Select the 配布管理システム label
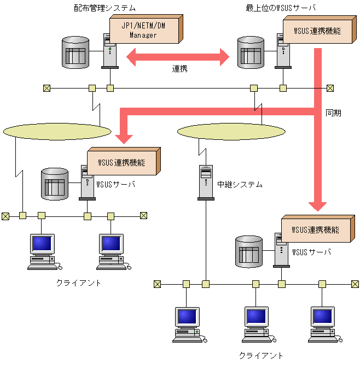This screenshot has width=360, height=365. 104,8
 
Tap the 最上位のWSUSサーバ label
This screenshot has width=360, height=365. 281,8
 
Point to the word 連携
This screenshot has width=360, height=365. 180,69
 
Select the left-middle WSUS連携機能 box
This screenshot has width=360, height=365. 122,162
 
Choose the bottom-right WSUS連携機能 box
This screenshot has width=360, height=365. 315,229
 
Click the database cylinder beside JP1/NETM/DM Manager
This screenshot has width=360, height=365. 75,52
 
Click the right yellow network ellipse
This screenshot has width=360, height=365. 231,131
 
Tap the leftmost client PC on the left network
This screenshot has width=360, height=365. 43,251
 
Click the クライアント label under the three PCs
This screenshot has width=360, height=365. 261,355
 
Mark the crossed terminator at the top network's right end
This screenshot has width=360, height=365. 330,88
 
